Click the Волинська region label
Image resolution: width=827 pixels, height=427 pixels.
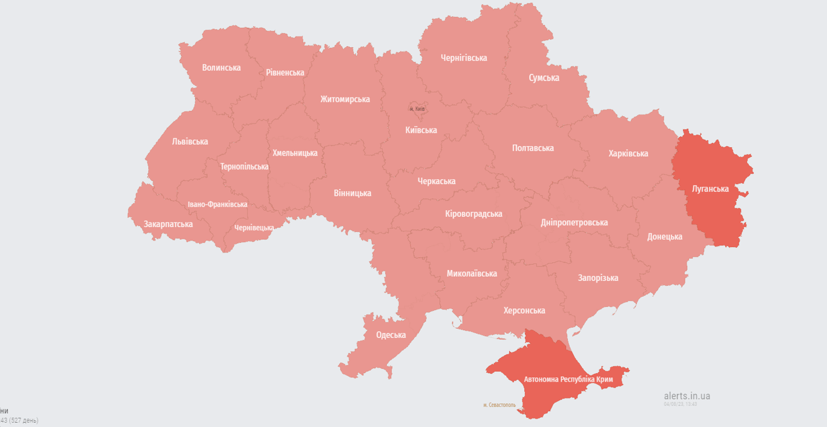[x=221, y=68]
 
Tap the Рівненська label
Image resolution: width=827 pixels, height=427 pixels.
[x=285, y=73]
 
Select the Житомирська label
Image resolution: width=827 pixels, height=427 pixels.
[x=344, y=99]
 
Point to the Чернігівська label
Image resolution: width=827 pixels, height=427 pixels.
[x=464, y=58]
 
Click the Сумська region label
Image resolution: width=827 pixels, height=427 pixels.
[x=544, y=78]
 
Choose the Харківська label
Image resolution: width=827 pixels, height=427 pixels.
[x=628, y=154]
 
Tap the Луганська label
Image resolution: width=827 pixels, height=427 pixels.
[x=710, y=189]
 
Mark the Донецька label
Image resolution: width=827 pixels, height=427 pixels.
[x=664, y=237]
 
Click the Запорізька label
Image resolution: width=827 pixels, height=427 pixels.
[x=598, y=278]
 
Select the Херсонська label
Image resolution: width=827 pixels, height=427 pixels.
[x=524, y=311]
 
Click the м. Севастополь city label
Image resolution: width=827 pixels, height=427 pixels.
[x=499, y=405]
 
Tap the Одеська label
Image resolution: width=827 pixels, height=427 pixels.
[x=390, y=336]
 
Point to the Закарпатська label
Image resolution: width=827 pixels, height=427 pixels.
[x=168, y=224]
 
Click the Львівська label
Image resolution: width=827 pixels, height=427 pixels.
[x=189, y=142]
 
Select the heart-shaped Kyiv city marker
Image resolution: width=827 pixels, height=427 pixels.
[x=417, y=107]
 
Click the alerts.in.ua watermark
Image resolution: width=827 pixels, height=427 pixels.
[x=687, y=396]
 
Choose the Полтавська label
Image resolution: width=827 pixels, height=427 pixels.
[x=533, y=148]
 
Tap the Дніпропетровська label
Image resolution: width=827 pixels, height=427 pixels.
[x=574, y=223]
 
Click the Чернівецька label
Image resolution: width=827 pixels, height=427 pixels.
[x=254, y=228]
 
